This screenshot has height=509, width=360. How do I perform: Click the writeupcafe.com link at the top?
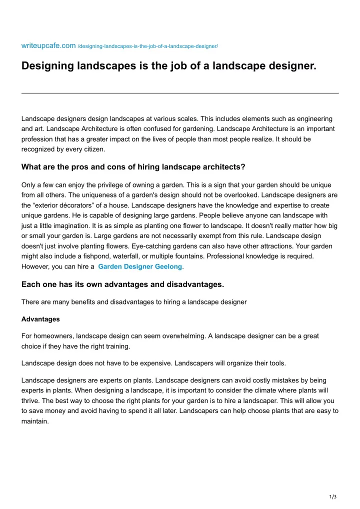point(48,46)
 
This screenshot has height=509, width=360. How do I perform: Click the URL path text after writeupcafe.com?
point(148,46)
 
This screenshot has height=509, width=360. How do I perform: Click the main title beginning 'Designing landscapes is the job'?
point(169,66)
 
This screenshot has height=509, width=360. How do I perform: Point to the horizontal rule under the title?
point(180,93)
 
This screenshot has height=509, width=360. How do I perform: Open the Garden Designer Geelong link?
point(140,267)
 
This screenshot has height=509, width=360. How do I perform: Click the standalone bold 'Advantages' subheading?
point(40,319)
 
